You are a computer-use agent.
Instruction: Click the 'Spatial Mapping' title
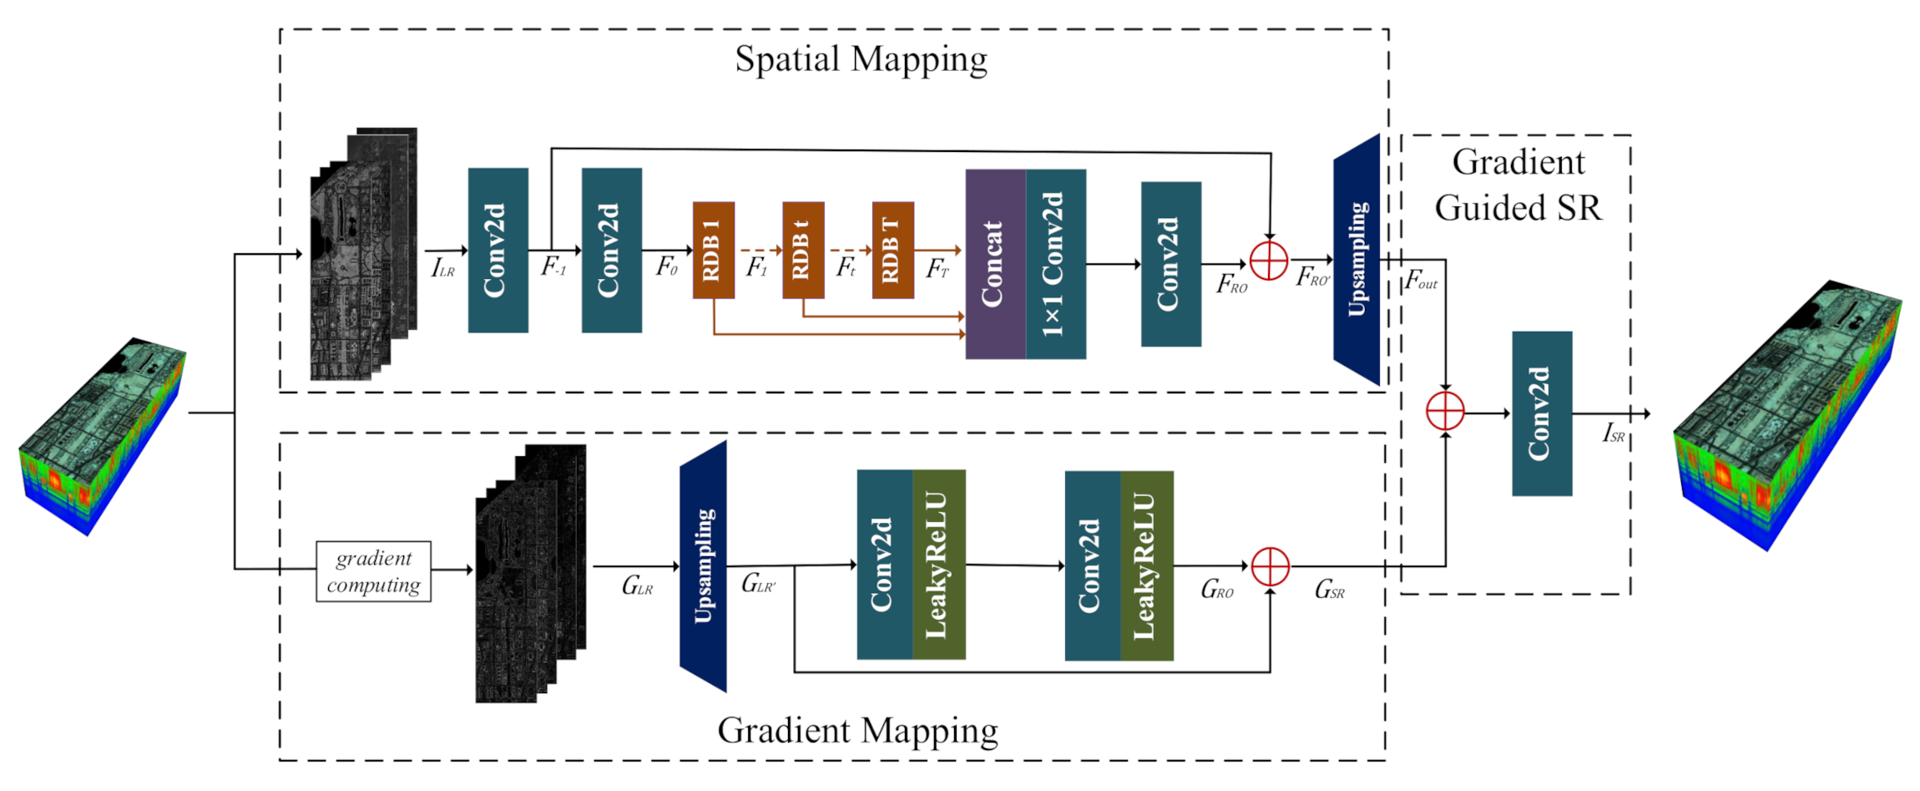[861, 59]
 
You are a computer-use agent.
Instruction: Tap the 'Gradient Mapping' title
[857, 730]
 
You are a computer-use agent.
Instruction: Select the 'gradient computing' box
[373, 571]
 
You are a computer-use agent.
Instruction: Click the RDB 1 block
[713, 250]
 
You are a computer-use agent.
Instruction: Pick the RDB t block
[803, 250]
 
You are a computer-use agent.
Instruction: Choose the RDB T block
[892, 250]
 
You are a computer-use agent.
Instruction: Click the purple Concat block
[995, 264]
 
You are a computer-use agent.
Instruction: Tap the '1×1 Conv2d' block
[1056, 264]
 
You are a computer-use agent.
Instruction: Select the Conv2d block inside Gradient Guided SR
[1542, 413]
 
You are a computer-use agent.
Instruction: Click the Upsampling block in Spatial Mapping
[1357, 260]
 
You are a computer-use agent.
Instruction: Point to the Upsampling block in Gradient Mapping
[703, 566]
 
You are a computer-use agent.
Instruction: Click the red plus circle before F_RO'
[1269, 261]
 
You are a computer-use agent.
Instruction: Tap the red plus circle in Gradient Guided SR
[1445, 412]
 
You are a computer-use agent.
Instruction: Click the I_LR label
[442, 268]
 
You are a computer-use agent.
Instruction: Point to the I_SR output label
[1613, 433]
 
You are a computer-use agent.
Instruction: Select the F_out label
[1421, 280]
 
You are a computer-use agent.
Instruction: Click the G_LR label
[637, 586]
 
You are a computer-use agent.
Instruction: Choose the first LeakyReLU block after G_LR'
[939, 565]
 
